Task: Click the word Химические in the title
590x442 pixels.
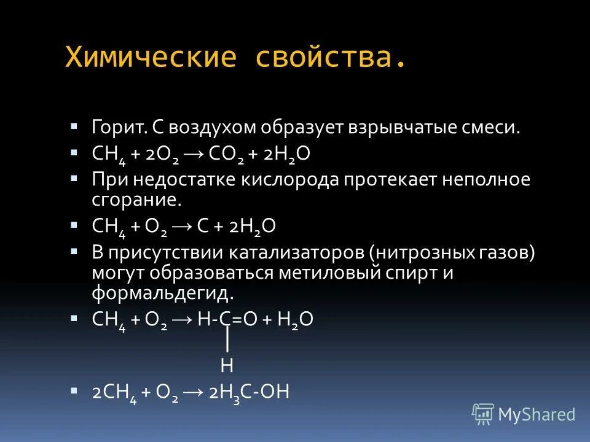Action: [x=151, y=57]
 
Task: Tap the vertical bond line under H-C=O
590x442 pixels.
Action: [x=227, y=339]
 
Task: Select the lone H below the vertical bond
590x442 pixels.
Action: [x=227, y=366]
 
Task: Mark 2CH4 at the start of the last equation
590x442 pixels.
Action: [x=114, y=393]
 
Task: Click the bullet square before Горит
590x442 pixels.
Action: [x=74, y=126]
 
